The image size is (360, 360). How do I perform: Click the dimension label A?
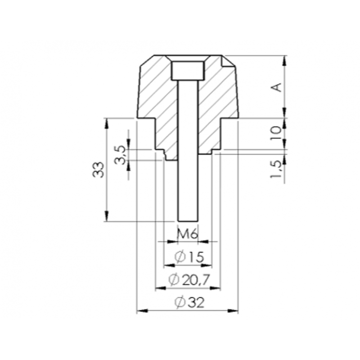click(x=278, y=87)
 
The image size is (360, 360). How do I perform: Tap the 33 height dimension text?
click(x=98, y=170)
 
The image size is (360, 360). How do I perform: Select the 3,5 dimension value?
click(x=121, y=155)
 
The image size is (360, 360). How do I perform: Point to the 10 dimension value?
click(x=278, y=133)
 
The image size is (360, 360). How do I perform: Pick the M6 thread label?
click(x=188, y=234)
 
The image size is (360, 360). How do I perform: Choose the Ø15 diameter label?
click(x=189, y=257)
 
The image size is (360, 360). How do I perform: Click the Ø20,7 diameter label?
click(x=189, y=279)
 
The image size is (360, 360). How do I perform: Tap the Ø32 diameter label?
click(x=189, y=302)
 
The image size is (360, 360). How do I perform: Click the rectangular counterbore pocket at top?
click(x=188, y=71)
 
